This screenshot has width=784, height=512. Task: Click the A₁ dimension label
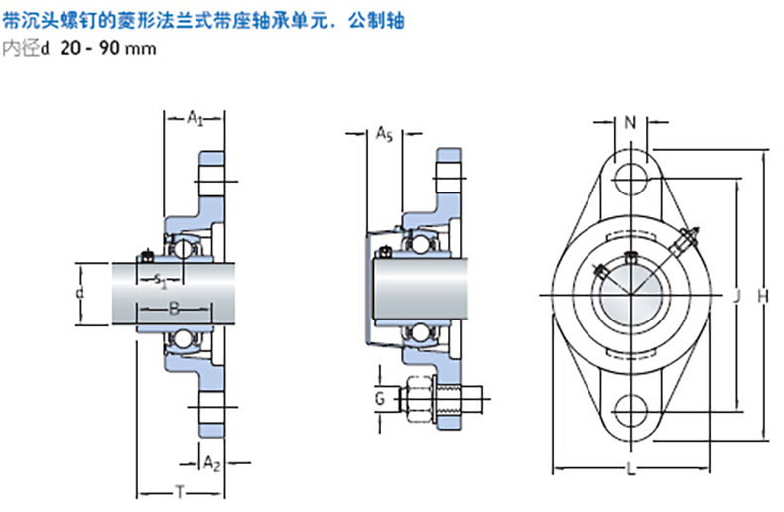196,119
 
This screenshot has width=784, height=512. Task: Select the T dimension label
180,490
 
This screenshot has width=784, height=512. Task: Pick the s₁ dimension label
162,282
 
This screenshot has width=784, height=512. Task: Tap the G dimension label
379,399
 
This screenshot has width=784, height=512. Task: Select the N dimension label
631,123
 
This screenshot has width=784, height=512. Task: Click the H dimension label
762,295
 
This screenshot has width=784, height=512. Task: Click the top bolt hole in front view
631,180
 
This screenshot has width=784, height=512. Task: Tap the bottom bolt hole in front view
631,408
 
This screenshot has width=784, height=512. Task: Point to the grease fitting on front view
687,240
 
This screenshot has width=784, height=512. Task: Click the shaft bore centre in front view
631,294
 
